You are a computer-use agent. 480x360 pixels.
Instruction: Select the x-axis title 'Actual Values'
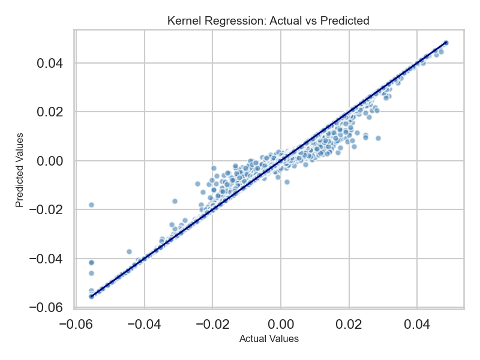pos(269,339)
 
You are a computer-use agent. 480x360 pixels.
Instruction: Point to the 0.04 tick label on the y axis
pos(53,63)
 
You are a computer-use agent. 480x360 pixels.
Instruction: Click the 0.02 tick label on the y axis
pos(53,112)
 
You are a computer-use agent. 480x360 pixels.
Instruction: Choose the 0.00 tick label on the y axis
pos(53,161)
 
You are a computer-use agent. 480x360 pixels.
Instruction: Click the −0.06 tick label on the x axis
pos(73,325)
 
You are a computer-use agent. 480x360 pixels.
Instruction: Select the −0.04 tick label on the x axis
pos(142,325)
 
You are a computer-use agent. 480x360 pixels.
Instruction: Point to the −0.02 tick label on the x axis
pos(210,325)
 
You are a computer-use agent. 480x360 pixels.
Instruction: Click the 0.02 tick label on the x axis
pos(349,325)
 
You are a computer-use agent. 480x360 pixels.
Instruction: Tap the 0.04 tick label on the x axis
pos(418,325)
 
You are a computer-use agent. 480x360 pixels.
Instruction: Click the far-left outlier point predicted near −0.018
pos(91,205)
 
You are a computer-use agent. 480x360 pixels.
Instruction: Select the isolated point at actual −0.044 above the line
pos(129,251)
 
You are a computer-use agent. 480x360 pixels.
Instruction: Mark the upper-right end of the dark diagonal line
pos(446,43)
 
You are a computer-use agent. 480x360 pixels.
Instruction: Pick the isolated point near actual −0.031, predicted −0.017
pos(175,201)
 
